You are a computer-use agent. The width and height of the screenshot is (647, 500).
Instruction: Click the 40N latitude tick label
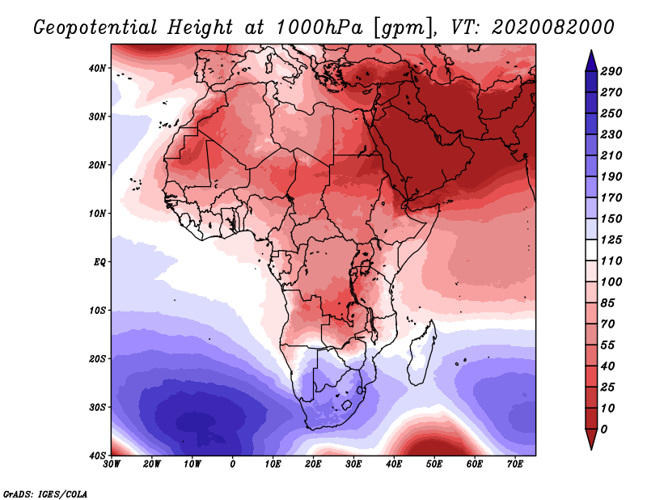(97, 68)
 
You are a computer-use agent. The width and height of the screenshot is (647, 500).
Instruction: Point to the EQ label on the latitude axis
(99, 262)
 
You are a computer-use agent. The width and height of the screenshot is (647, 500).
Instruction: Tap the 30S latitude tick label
(97, 408)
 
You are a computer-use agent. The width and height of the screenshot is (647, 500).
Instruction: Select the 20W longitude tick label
(151, 464)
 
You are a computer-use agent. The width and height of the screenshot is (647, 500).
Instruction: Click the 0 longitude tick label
(233, 464)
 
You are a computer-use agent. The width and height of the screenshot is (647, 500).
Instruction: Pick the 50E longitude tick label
(434, 464)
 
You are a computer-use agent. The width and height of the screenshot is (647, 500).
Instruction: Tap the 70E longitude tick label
(514, 464)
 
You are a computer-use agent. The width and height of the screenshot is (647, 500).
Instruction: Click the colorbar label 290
(611, 71)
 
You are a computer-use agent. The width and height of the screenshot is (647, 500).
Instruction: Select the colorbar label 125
(611, 239)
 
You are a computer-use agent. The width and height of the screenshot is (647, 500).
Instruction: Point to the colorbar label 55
(608, 345)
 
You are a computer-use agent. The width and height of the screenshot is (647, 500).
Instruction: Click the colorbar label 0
(604, 430)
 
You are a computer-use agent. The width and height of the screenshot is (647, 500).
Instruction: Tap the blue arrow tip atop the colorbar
(591, 51)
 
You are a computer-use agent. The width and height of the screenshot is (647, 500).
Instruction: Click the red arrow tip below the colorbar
(591, 449)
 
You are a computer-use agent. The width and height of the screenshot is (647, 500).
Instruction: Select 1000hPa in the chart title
(319, 28)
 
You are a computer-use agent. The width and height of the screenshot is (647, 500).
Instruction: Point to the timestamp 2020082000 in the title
(553, 28)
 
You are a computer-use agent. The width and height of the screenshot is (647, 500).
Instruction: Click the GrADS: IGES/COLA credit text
(45, 494)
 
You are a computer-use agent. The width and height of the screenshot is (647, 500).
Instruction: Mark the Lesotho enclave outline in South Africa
(347, 405)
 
